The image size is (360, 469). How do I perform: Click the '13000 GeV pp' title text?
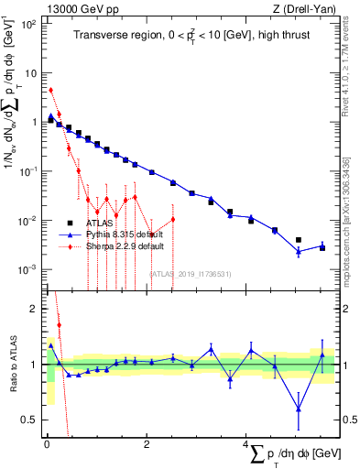[x=80, y=10]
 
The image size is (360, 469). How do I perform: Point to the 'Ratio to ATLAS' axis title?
[x=12, y=364]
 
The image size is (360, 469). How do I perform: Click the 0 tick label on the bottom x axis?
[x=46, y=444]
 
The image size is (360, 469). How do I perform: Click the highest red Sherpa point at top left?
[x=50, y=90]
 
